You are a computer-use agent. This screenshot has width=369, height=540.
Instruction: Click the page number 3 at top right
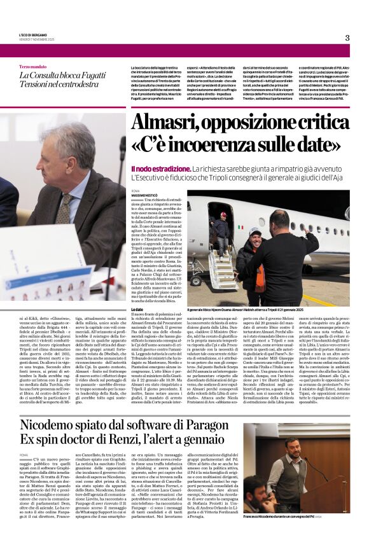point(347,38)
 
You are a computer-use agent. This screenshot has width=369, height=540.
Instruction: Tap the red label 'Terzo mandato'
point(32,67)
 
